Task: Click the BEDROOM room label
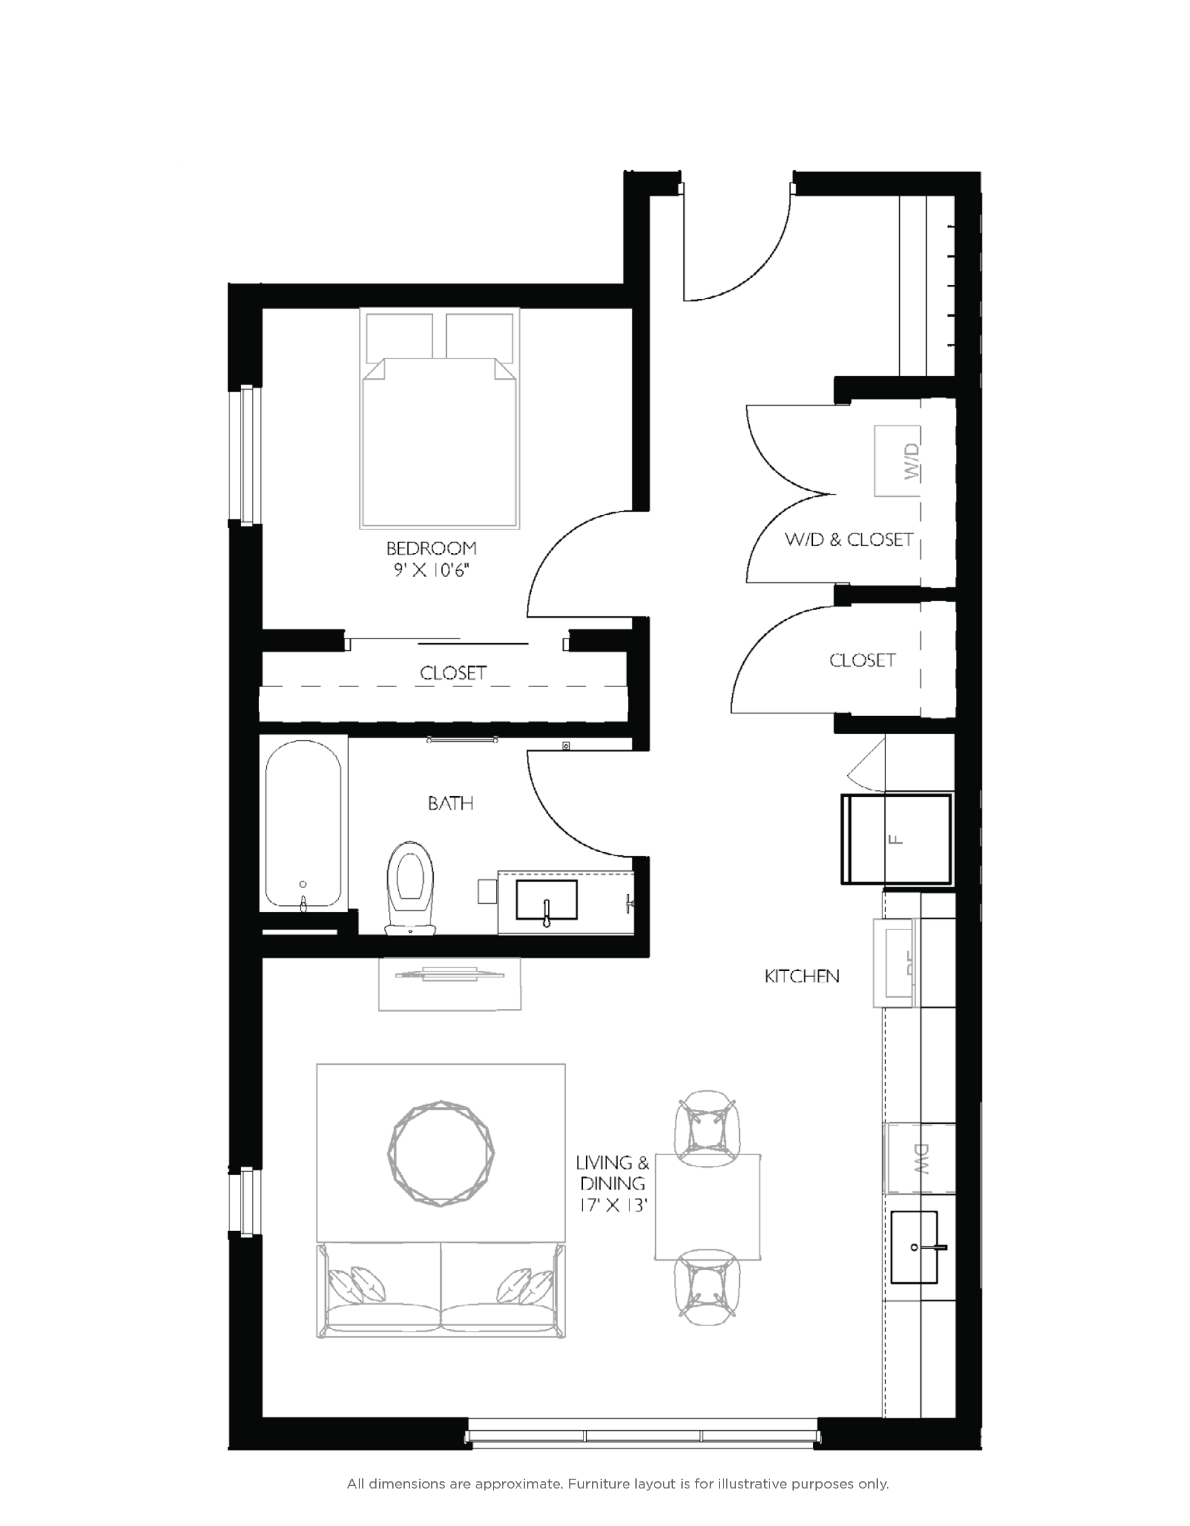coord(431,548)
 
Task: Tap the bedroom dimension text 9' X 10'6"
coord(431,570)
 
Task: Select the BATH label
coord(451,803)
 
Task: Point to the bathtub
coord(304,824)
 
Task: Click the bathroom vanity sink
coord(547,900)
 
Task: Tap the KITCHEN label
coord(802,976)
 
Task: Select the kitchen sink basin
coord(914,1247)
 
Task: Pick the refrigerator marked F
coord(896,838)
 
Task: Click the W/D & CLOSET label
coord(849,539)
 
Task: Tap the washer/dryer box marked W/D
coord(898,461)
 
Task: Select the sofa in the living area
coord(441,1290)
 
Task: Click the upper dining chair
coord(707,1128)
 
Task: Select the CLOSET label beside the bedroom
coord(453,673)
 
